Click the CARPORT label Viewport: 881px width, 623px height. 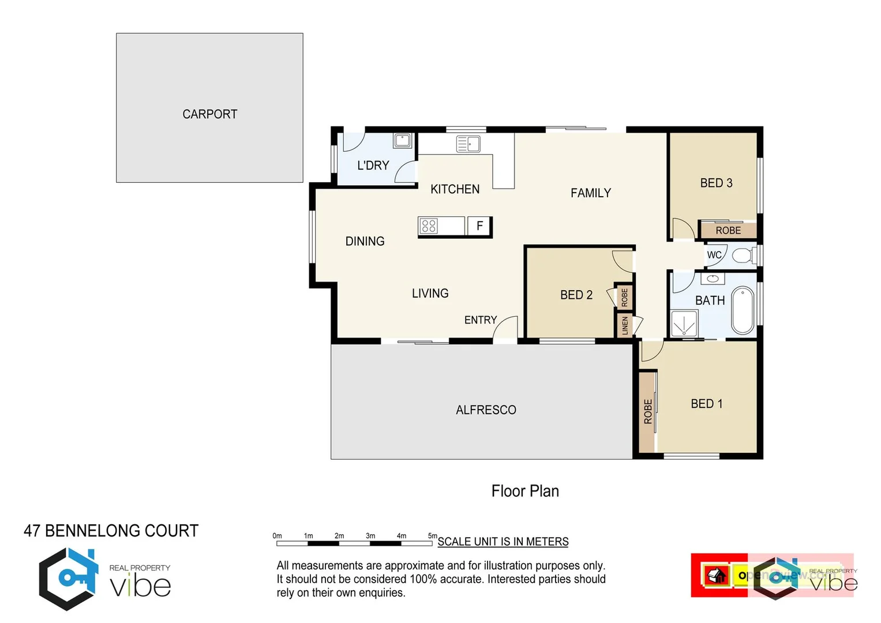pos(209,114)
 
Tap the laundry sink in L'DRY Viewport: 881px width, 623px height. pos(402,140)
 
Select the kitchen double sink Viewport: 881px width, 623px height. pos(468,144)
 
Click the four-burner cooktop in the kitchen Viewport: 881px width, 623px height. pos(429,226)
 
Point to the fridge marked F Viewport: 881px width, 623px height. pos(479,226)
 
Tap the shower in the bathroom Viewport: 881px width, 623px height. pos(684,323)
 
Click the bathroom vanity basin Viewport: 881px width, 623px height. pos(713,279)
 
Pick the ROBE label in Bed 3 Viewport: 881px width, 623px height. pos(728,231)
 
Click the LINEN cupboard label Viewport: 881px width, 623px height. pos(625,326)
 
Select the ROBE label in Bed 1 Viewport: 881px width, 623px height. pos(648,412)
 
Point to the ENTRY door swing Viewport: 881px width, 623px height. pos(506,329)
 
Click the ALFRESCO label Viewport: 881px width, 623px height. pos(486,410)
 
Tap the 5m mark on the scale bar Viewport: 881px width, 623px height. pos(432,536)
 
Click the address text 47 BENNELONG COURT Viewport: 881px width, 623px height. pos(111,531)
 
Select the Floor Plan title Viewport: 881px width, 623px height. pos(525,491)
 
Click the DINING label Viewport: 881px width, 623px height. pos(365,242)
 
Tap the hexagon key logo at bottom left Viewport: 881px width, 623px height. pos(68,579)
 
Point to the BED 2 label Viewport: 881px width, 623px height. pos(576,295)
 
